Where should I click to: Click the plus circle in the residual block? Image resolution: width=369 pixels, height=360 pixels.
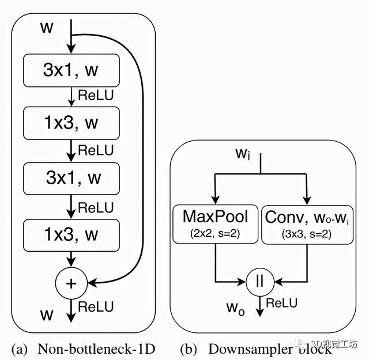coord(70,282)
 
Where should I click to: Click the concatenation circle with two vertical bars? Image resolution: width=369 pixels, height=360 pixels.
coord(261,282)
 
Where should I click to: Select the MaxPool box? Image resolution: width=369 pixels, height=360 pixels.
coord(215,223)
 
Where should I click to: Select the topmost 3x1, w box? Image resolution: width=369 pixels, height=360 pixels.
coord(70,70)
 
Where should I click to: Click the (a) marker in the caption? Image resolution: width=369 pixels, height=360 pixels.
coord(19,348)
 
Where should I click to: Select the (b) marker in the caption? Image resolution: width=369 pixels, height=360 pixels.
coord(188,348)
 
